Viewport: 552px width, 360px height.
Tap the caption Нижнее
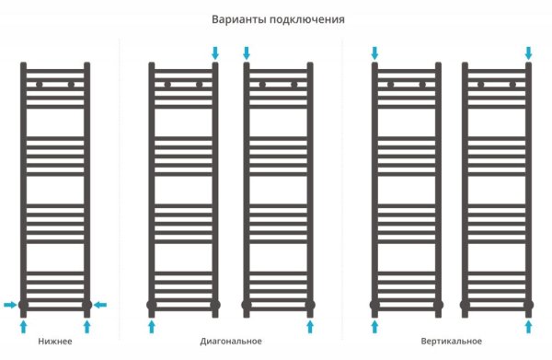pos(55,343)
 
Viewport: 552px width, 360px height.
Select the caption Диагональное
pos(230,343)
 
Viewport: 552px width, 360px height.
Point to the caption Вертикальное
pos(451,343)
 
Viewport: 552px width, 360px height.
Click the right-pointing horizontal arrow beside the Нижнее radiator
pos(9,304)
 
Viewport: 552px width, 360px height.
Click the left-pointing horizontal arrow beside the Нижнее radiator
pos(102,304)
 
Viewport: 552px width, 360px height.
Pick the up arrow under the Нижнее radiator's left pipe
pos(24,325)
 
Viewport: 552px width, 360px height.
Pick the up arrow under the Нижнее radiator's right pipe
pos(87,325)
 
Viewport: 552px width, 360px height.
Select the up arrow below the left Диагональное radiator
pos(152,325)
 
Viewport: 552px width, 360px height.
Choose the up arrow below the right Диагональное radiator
pos(310,325)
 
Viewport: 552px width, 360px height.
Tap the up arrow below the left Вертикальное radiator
pos(374,325)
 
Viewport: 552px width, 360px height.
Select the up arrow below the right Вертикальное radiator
pos(529,325)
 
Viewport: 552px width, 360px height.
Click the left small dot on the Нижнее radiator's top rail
pos(40,85)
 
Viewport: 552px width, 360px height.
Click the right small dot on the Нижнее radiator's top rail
pos(71,85)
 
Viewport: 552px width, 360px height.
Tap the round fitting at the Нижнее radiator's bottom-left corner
pos(24,304)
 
